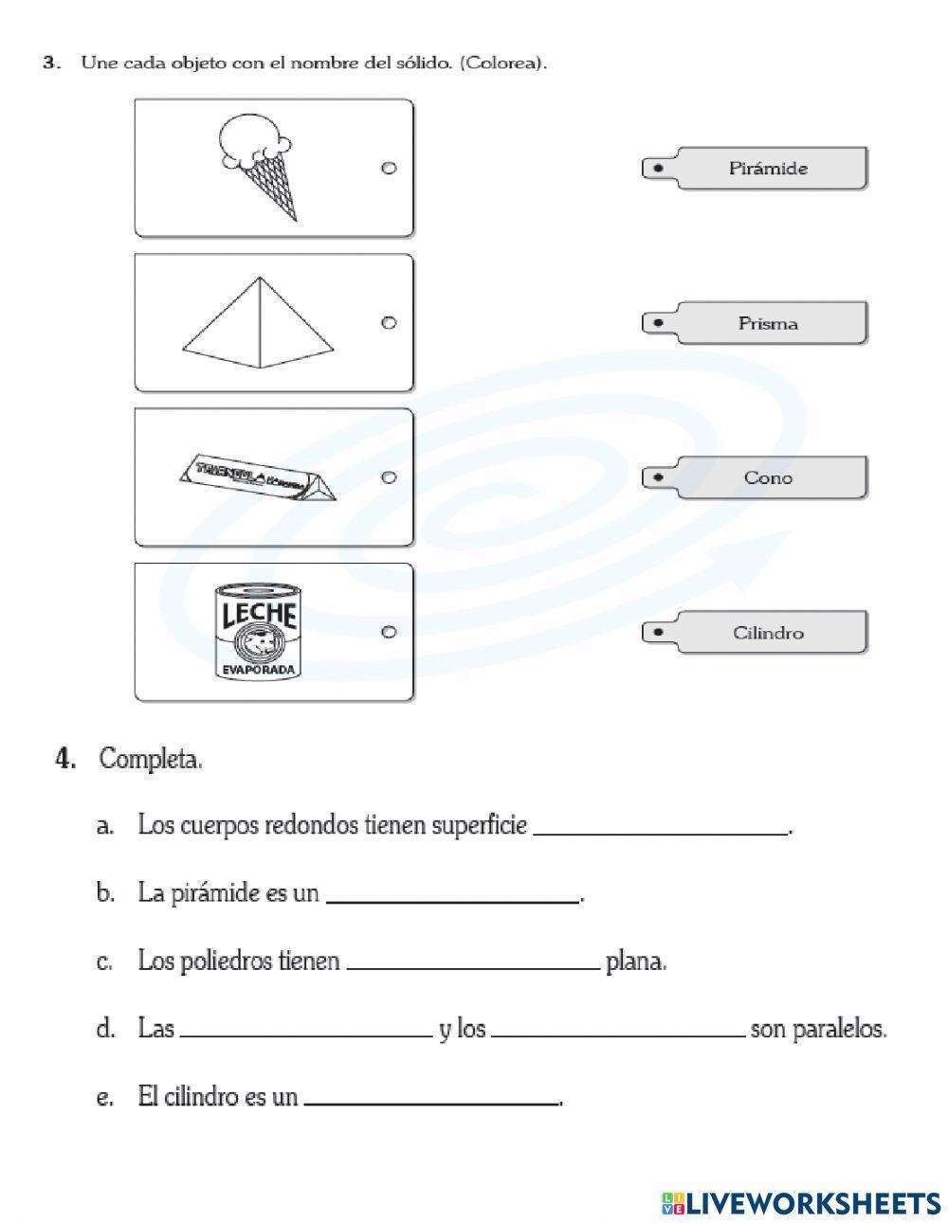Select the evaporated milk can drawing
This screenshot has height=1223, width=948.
pos(258,633)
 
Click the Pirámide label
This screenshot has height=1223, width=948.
pos(769,169)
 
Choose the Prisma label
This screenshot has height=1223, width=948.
pos(769,324)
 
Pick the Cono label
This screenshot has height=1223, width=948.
pos(769,478)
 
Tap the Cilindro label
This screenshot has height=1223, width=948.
pos(769,633)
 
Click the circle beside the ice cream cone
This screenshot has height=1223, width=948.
pos(388,169)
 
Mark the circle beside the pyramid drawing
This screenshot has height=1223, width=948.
pos(388,323)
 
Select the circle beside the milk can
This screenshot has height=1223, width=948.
pos(388,632)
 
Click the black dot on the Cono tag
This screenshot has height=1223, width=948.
pos(657,478)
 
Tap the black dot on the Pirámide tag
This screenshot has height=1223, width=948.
pos(657,169)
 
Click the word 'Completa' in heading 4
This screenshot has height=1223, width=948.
pos(150,760)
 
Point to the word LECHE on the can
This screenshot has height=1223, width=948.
pos(259,616)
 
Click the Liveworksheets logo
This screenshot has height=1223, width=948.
pos(801,1202)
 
